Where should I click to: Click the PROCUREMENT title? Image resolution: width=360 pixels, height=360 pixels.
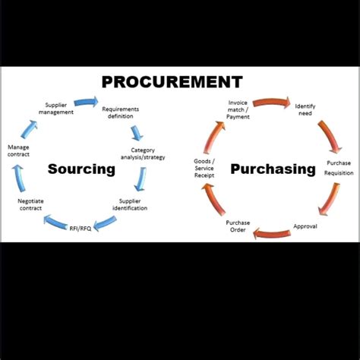click(172, 82)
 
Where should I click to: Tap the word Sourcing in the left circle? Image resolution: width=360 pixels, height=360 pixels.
click(81, 169)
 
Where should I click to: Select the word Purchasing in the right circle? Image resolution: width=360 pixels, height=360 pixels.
click(273, 169)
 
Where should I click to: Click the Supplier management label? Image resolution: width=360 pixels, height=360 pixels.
click(59, 109)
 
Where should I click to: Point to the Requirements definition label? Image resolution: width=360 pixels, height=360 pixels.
click(120, 113)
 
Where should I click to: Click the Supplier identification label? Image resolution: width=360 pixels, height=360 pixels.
click(130, 204)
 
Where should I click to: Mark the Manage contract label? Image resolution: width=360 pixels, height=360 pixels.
click(18, 150)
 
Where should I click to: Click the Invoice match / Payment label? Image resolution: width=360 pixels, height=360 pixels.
click(238, 111)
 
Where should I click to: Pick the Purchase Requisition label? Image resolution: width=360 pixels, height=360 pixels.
click(339, 168)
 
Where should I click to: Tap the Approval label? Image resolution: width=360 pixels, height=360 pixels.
click(305, 226)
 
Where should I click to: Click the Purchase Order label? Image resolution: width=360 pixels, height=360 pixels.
click(238, 226)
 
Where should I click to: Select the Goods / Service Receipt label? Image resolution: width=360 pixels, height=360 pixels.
click(204, 168)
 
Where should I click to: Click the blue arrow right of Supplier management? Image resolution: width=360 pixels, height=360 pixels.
click(86, 101)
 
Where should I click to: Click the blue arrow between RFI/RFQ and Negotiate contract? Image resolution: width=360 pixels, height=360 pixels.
click(57, 222)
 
